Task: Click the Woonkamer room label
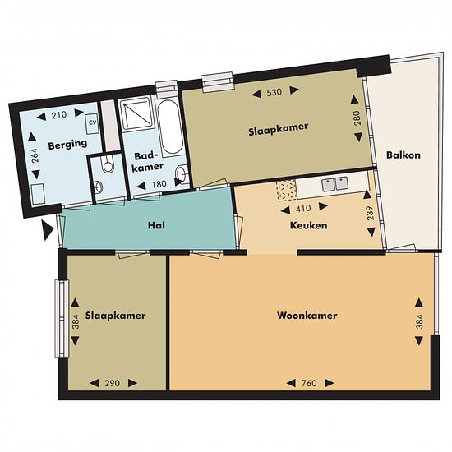click(307, 316)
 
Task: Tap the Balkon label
click(404, 155)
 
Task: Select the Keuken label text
click(308, 225)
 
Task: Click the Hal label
click(156, 225)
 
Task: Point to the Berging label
click(67, 145)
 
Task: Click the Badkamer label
click(147, 162)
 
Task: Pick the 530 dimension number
click(274, 93)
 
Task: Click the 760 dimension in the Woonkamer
click(309, 383)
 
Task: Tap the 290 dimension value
click(112, 383)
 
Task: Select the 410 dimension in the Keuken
click(303, 209)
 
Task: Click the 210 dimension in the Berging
click(59, 115)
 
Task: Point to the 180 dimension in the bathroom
click(159, 184)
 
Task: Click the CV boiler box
click(93, 123)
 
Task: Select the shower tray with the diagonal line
click(136, 113)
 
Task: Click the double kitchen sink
click(334, 184)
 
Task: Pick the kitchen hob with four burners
click(286, 191)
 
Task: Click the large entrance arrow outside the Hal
click(48, 230)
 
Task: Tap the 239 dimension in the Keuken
click(371, 213)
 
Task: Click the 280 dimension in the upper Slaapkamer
click(357, 118)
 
